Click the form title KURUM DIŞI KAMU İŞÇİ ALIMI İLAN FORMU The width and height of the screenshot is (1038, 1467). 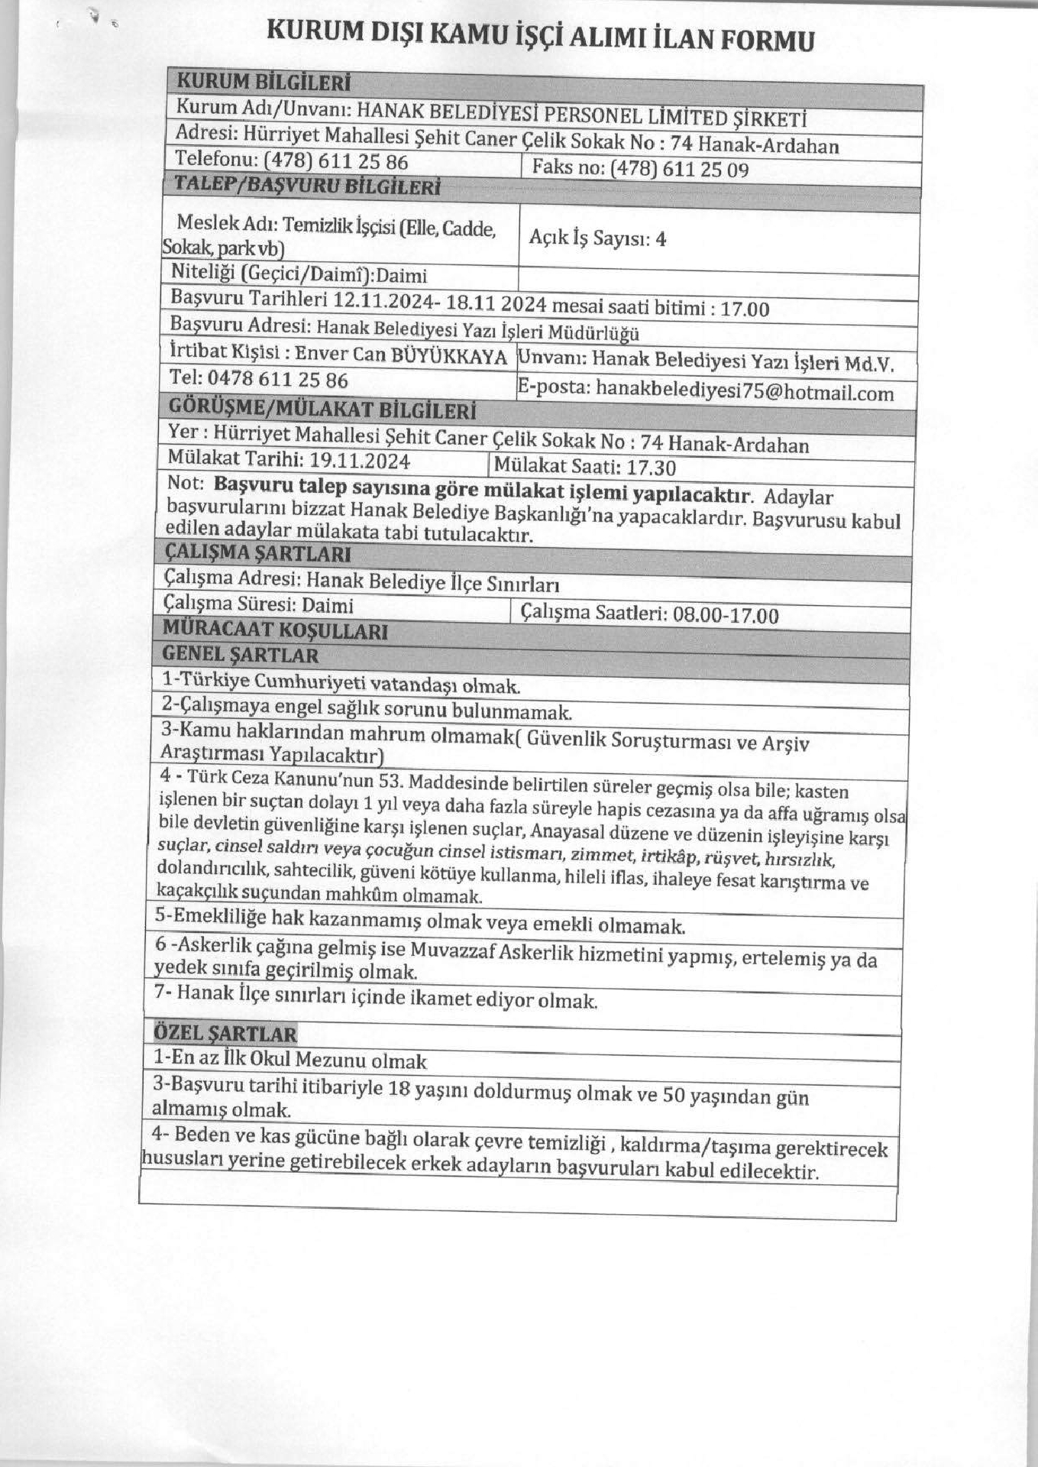click(539, 36)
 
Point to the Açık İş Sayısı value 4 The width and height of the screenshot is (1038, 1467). click(661, 239)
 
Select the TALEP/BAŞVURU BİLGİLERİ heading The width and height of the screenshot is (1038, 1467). click(307, 186)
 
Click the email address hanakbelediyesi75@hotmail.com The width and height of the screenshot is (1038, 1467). click(744, 393)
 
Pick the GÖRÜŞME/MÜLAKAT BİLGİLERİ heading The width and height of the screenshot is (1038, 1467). click(322, 410)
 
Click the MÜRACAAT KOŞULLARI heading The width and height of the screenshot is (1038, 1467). click(276, 631)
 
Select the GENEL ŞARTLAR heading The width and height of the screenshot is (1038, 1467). click(241, 655)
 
